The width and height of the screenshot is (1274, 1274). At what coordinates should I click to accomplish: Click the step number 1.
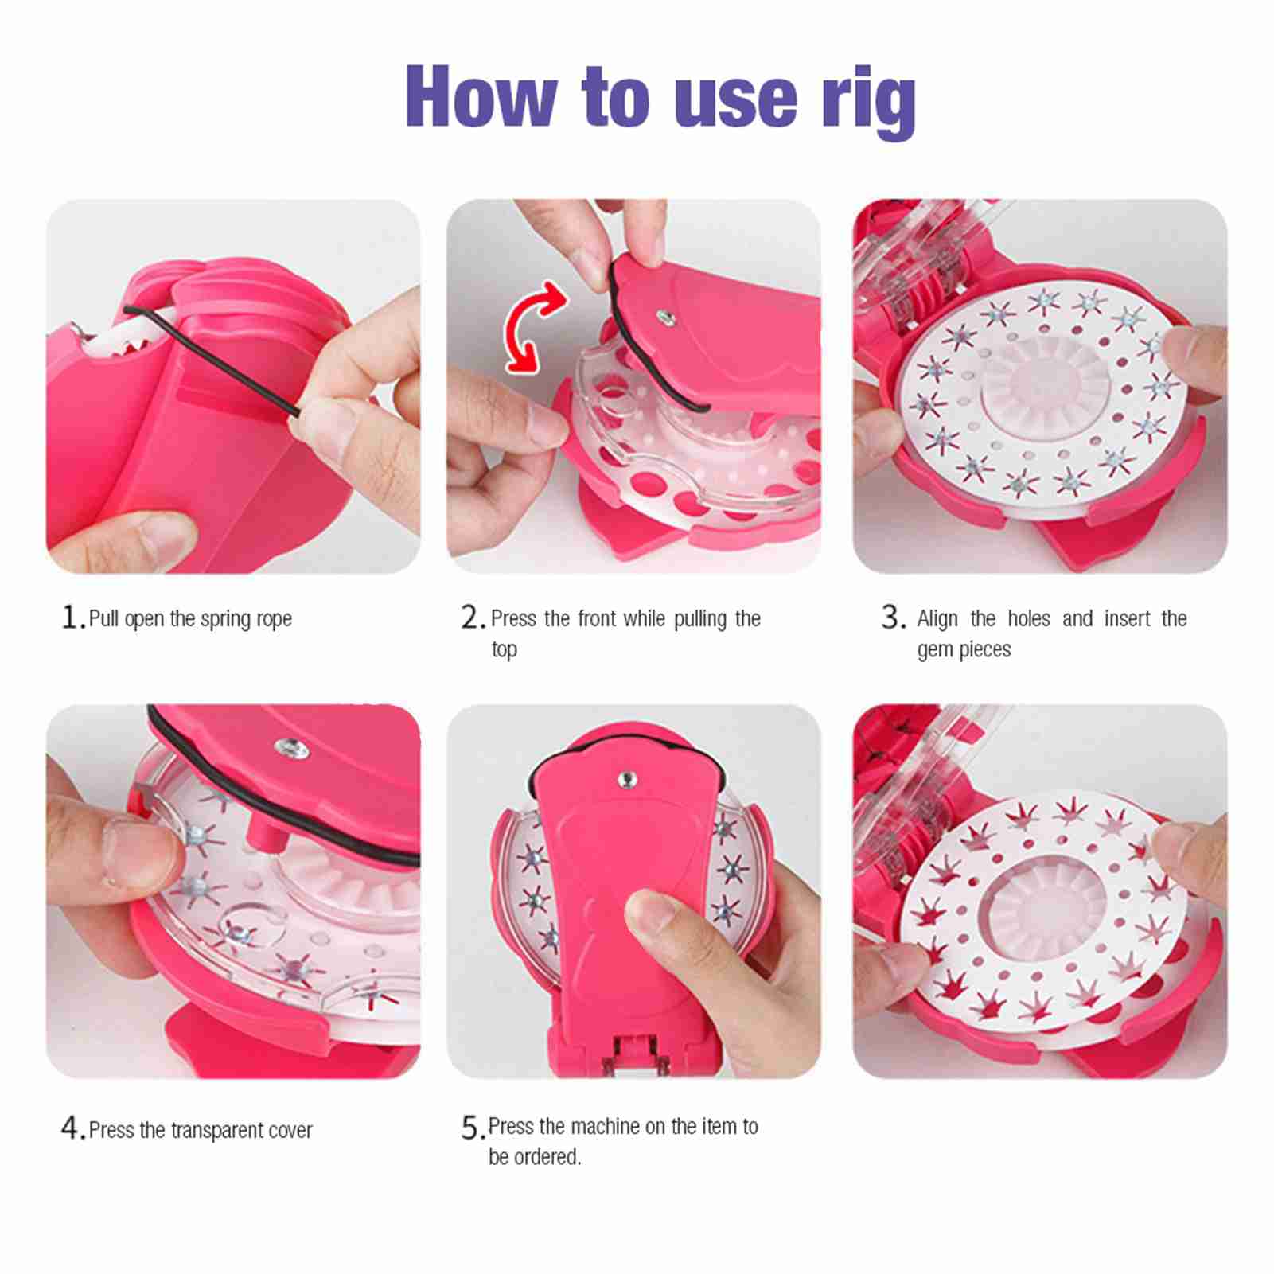coord(72,618)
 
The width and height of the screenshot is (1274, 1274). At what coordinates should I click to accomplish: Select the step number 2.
coord(473,618)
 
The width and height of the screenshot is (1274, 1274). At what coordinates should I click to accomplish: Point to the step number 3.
coord(893,618)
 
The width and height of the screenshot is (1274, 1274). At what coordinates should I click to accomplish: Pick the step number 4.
coord(72,1128)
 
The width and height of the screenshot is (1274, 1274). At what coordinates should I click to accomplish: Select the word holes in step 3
coord(1029,618)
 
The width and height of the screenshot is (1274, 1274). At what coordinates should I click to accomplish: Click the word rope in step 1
coord(275,620)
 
